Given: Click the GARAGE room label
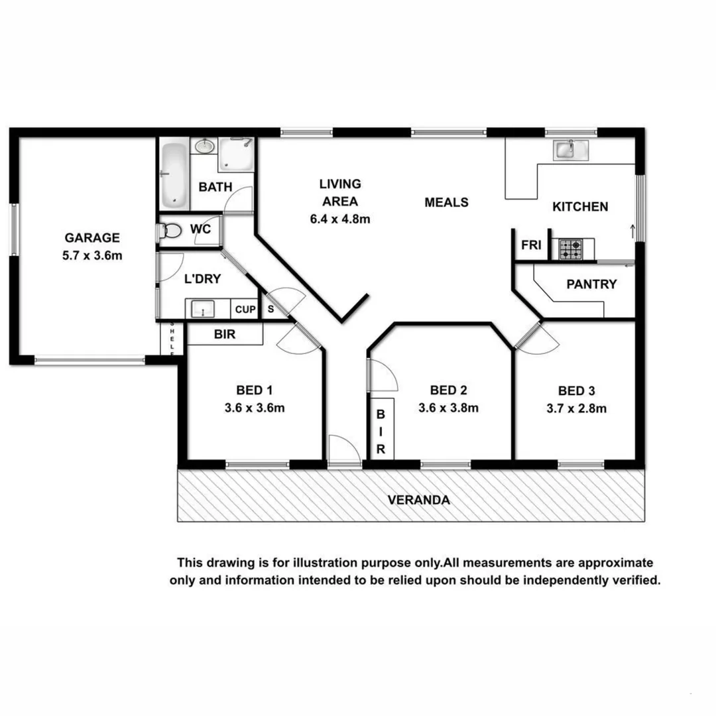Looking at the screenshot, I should [x=91, y=237].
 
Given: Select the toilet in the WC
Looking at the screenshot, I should [x=171, y=231].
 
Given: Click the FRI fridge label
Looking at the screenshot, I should [x=531, y=245].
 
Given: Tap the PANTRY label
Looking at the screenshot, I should [x=591, y=284].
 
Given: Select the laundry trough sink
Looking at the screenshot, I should [x=202, y=309].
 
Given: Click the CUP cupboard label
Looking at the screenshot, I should [x=245, y=310].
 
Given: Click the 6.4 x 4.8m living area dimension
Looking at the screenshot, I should [x=339, y=219].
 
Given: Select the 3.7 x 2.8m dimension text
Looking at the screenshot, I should [x=573, y=408].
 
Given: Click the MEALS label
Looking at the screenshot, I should [x=446, y=202].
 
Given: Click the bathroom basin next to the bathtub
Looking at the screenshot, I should [x=205, y=146].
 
